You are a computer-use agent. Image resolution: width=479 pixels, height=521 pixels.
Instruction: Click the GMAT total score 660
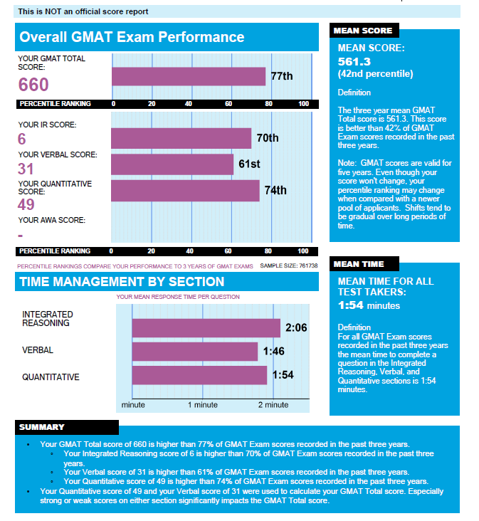pos(33,85)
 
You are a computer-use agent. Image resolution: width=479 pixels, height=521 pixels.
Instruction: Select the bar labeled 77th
pos(188,76)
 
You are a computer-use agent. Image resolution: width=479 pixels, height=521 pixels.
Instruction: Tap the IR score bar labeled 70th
pos(181,138)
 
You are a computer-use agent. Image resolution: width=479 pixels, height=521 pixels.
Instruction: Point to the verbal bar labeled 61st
pos(172,164)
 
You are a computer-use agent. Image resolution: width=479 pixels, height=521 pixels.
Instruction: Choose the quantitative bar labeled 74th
pos(185,190)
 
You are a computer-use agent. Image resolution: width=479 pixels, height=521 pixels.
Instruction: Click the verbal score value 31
pos(26,169)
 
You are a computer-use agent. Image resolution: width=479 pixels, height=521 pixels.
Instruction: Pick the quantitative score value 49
pos(26,205)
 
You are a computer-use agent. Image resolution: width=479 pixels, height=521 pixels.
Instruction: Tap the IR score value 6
pos(21,139)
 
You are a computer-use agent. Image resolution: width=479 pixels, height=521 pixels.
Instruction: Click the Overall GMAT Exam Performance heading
pos(132,38)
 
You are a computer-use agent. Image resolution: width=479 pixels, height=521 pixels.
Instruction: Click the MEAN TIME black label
pos(359,264)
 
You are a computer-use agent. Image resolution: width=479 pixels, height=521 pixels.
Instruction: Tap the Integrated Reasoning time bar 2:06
pos(206,327)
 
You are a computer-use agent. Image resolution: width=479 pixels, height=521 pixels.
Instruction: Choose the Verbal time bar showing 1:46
pos(194,351)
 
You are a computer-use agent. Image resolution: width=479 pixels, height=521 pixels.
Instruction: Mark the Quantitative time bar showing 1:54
pos(199,375)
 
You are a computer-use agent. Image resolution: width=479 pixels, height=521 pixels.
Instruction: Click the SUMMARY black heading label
pos(42,427)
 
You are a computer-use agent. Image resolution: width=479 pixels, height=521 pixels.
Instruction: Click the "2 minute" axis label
pos(273,404)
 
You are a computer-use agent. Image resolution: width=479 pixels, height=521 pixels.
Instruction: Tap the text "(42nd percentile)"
pos(375,74)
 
